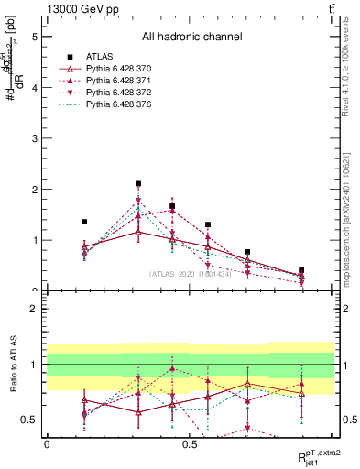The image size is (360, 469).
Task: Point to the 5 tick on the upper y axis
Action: click(36, 38)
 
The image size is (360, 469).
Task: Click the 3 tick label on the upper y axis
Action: click(36, 139)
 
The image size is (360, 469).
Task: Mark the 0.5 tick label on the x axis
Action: click(190, 443)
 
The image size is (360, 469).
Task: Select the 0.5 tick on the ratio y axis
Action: click(31, 420)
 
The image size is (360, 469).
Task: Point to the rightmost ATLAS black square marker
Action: click(301, 270)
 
